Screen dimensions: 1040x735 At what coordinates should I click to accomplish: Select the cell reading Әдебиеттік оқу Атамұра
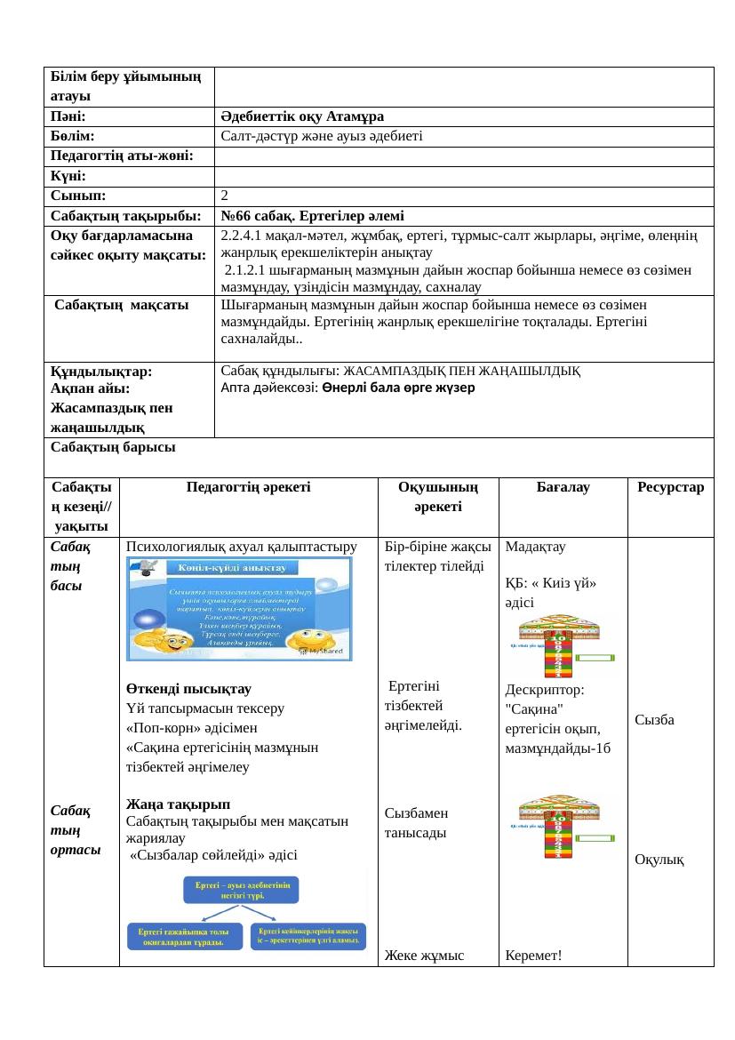302,116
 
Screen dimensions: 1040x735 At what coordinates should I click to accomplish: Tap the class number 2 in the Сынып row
225,195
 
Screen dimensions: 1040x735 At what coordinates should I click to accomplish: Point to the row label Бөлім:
74,135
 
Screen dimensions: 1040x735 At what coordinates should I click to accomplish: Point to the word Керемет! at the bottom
533,956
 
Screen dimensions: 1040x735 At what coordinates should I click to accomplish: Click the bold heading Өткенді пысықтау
188,689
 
